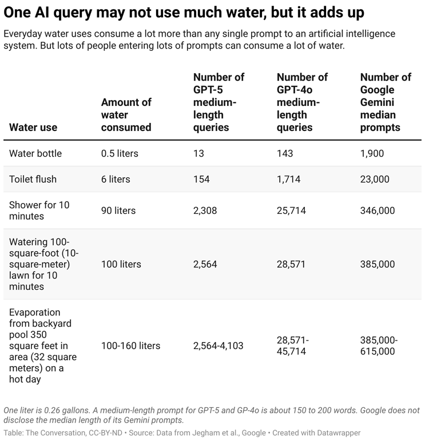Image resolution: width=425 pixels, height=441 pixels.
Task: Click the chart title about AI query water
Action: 184,13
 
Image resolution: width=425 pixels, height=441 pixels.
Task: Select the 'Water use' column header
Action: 33,127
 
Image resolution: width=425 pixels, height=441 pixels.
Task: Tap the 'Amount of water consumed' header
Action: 126,114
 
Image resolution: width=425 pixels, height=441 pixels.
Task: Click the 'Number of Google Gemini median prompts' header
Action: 386,102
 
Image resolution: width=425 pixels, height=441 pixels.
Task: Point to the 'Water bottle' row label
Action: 35,153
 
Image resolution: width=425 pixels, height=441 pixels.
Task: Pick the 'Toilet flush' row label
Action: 33,179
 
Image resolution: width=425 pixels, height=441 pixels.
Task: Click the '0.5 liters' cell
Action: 120,153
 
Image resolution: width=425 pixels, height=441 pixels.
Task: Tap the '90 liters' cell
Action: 118,210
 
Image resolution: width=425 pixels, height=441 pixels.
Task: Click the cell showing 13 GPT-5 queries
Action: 198,153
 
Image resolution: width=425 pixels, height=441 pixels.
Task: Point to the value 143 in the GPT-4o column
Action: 285,153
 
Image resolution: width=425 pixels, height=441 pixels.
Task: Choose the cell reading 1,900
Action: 372,153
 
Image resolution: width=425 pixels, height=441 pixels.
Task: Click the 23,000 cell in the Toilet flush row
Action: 375,179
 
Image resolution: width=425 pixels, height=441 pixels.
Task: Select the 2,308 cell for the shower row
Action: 205,210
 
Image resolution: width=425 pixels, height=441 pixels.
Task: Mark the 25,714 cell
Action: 291,210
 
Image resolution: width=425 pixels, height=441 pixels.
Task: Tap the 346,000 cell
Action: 378,210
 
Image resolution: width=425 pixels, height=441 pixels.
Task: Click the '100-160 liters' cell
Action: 130,345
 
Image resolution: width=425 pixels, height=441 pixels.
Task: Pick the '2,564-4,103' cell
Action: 219,345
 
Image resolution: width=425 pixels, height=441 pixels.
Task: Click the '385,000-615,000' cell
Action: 379,345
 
